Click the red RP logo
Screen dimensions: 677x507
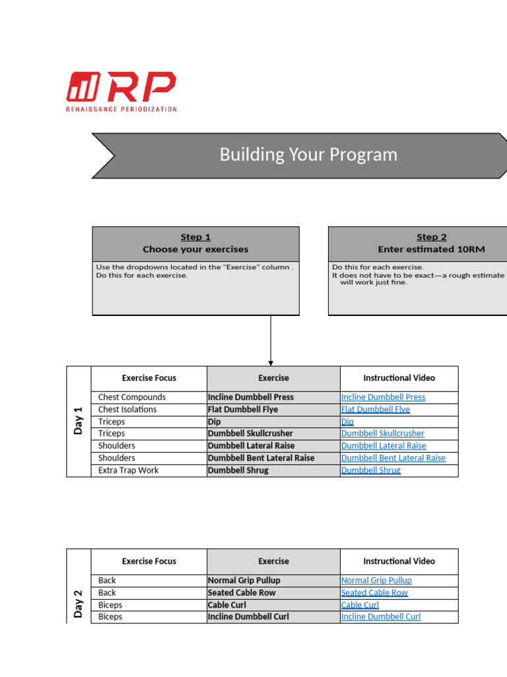pyautogui.click(x=121, y=91)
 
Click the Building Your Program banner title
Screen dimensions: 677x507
pyautogui.click(x=308, y=155)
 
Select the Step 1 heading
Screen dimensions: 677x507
pyautogui.click(x=195, y=237)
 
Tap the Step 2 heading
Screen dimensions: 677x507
pyautogui.click(x=431, y=237)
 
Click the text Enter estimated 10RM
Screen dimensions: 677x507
pyautogui.click(x=431, y=250)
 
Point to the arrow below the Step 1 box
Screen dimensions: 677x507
pyautogui.click(x=271, y=340)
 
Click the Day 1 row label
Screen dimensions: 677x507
pyautogui.click(x=79, y=420)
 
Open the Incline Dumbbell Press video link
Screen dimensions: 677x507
pyautogui.click(x=383, y=397)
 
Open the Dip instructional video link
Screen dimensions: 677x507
pyautogui.click(x=347, y=422)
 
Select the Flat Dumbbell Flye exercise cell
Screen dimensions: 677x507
pyautogui.click(x=243, y=409)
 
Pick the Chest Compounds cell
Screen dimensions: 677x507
pyautogui.click(x=132, y=397)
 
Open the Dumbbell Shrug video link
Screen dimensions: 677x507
pyautogui.click(x=370, y=471)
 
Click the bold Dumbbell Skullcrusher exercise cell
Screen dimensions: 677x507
pyautogui.click(x=250, y=434)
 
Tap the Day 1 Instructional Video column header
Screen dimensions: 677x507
pyautogui.click(x=399, y=378)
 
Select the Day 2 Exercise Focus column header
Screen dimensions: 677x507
pyautogui.click(x=149, y=561)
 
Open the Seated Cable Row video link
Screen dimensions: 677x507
pyautogui.click(x=374, y=592)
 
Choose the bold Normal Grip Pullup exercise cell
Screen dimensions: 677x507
pyautogui.click(x=244, y=580)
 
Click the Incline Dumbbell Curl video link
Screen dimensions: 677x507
pyautogui.click(x=380, y=617)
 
